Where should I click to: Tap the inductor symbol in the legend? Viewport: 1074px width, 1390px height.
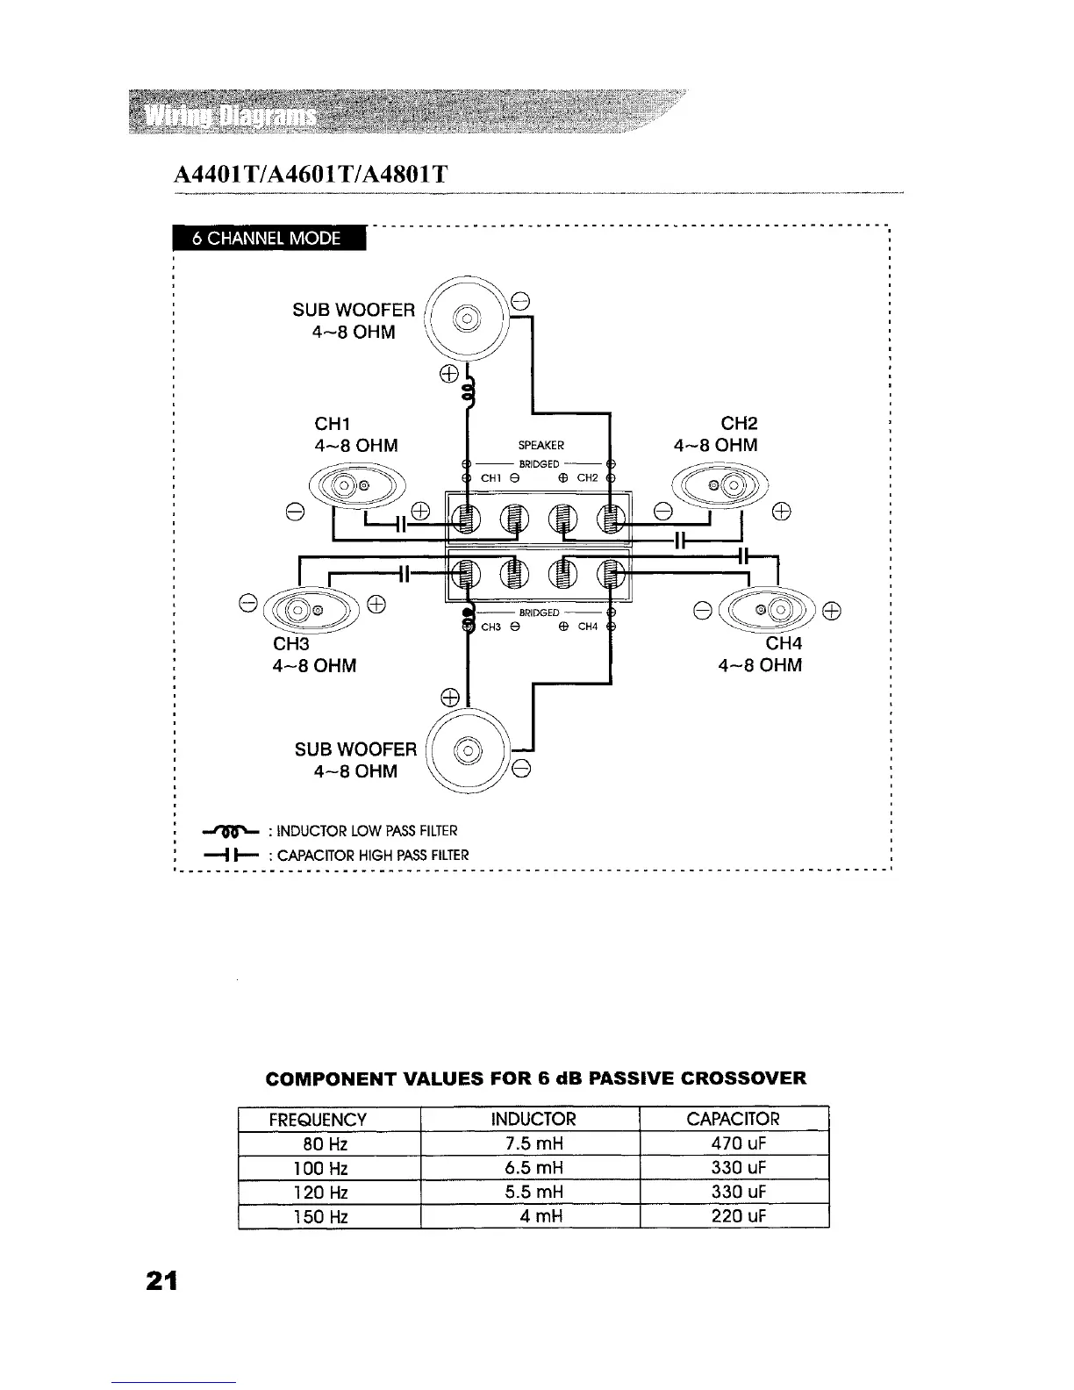(229, 830)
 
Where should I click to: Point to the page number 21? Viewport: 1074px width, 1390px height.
(161, 1282)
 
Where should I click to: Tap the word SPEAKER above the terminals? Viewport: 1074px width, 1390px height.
(541, 445)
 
